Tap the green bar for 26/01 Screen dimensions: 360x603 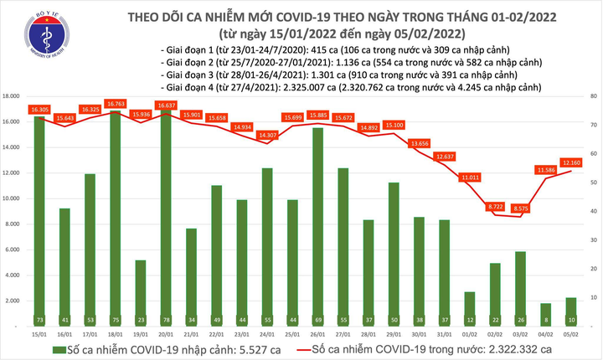click(x=318, y=226)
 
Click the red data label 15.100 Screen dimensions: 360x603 click(x=395, y=125)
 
